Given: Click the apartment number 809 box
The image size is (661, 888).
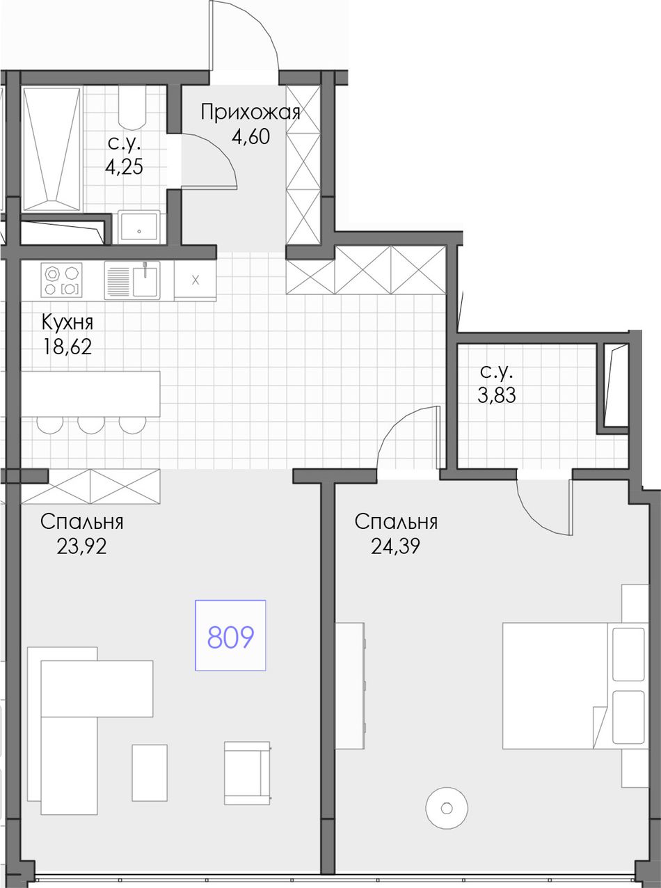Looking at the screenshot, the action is tap(230, 635).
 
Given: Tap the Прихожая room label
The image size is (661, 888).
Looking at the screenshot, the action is tap(250, 113).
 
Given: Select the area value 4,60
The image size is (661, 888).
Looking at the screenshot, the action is tap(250, 136).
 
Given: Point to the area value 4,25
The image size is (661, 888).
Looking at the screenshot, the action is tap(124, 166).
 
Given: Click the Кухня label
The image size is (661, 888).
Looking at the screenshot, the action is tap(67, 322).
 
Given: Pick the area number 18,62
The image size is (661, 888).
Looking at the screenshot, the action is tap(67, 347).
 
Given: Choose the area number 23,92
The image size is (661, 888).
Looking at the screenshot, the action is tap(81, 546).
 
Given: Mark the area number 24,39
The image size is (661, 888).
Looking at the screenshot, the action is tap(396, 546).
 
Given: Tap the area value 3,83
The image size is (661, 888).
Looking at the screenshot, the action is tap(497, 395).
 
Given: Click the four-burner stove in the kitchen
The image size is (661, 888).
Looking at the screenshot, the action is tap(61, 279).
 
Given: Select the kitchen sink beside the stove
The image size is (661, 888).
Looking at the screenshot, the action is tap(132, 280).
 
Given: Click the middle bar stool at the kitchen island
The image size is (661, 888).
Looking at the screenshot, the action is tap(91, 425).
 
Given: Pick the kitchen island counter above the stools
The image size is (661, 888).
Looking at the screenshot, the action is tap(90, 394).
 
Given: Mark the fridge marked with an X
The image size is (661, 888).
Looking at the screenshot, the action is tap(196, 280).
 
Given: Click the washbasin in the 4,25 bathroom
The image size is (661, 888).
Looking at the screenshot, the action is tap(139, 228).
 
